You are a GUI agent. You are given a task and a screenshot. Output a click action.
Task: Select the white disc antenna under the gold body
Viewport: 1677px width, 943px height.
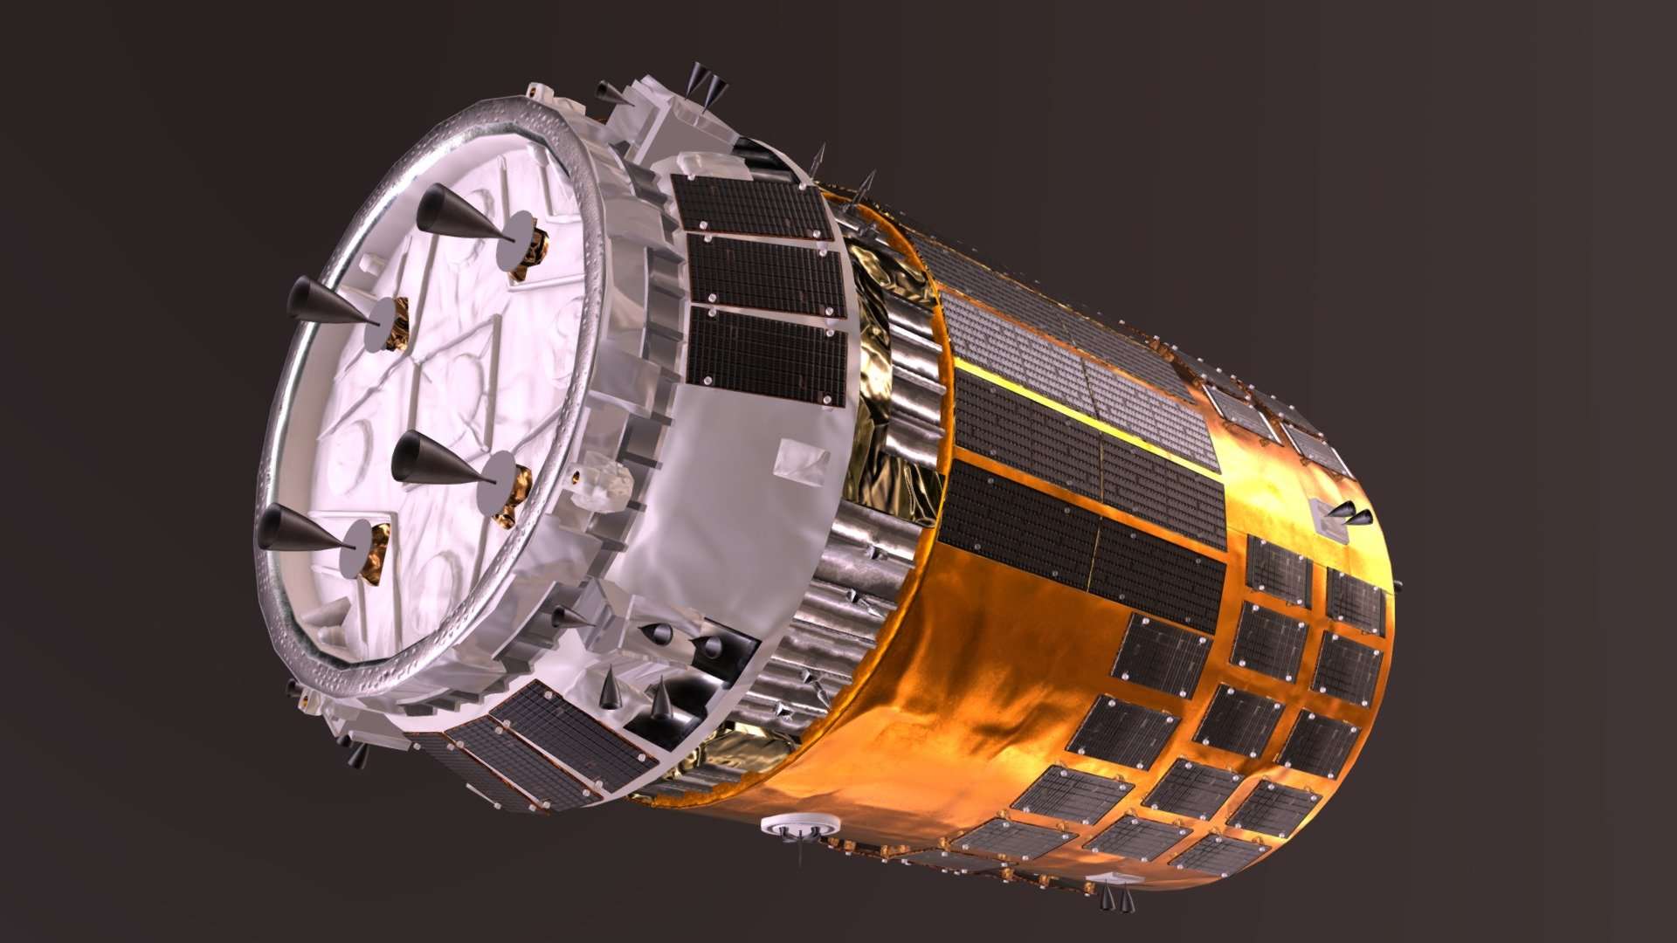point(800,825)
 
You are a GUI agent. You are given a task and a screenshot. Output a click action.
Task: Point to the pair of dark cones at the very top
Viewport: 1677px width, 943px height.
point(707,83)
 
